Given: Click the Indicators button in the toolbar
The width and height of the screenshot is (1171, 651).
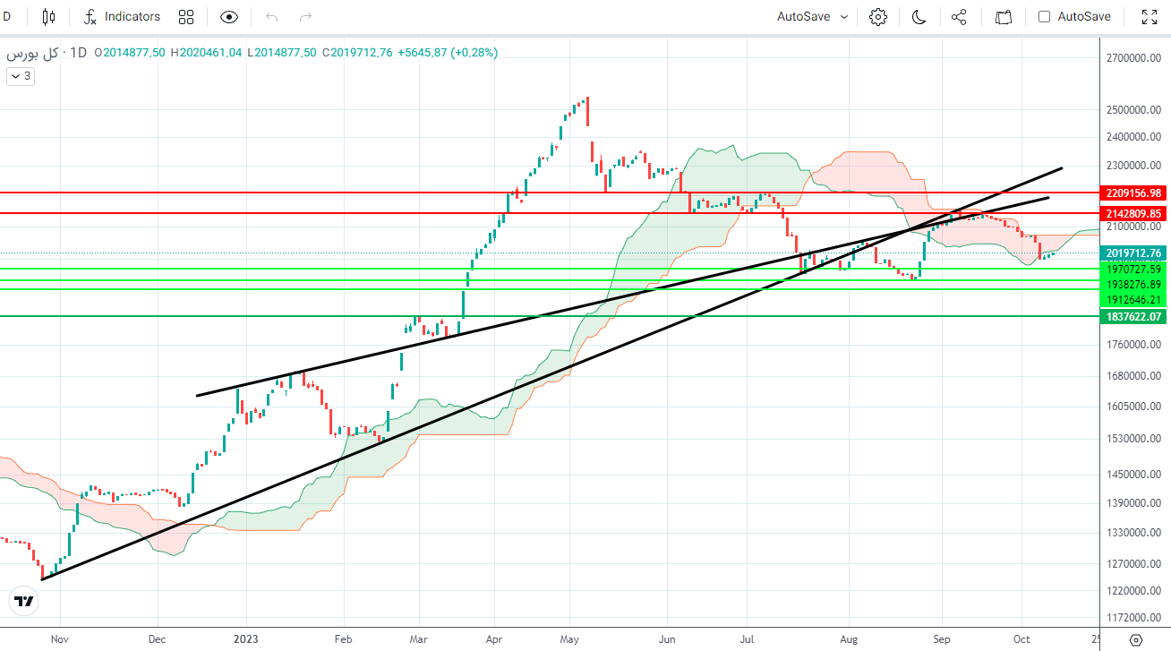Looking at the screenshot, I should click(123, 16).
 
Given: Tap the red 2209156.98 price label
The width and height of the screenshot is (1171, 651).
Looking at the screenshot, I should click(1133, 193).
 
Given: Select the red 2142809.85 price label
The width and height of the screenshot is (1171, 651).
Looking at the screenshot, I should click(1133, 213).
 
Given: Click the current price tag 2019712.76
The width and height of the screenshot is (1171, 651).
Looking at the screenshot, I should click(1133, 253).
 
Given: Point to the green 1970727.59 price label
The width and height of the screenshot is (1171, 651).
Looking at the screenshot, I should click(1133, 269).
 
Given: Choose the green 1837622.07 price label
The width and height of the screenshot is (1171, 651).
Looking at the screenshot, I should click(1133, 316).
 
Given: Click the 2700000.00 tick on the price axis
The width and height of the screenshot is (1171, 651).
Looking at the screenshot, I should click(1133, 58).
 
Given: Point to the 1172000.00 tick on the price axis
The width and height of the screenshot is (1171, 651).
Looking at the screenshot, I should click(1133, 618).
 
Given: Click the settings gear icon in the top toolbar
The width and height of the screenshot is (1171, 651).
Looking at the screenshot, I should click(877, 16).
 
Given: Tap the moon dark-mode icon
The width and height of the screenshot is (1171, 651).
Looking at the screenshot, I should click(919, 16).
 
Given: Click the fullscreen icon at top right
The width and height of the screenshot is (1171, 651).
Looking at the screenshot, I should click(1150, 16).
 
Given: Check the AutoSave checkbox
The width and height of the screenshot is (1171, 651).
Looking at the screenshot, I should click(1044, 16).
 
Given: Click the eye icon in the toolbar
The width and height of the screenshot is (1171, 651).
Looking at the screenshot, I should click(229, 16).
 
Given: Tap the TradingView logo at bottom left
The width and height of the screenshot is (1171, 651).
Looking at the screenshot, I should click(24, 601).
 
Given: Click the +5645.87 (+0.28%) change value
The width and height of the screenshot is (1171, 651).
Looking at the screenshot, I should click(447, 53).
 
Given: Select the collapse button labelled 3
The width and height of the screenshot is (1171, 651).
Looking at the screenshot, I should click(21, 76).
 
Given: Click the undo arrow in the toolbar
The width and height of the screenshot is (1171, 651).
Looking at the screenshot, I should click(272, 16).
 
